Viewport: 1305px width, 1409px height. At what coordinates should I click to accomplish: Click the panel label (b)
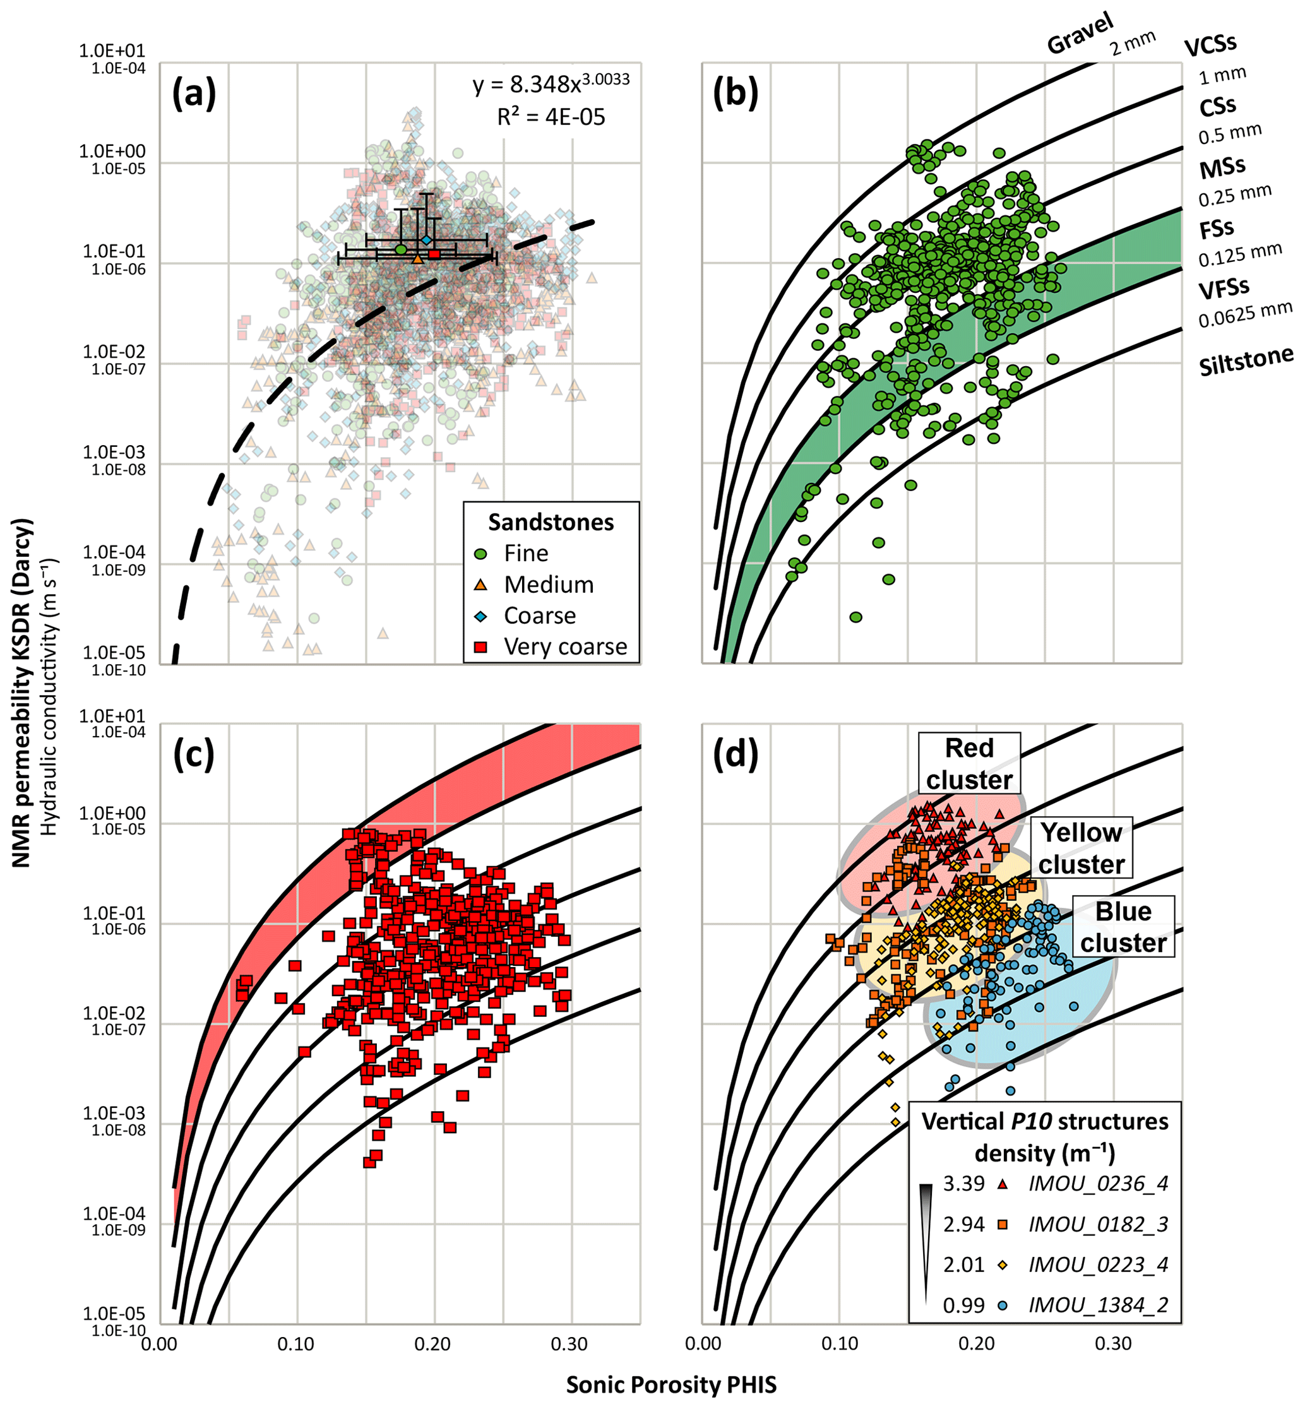(735, 94)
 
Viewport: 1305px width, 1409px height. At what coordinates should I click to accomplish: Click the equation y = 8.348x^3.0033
(551, 84)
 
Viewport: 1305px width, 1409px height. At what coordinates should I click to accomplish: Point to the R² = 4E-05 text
(551, 117)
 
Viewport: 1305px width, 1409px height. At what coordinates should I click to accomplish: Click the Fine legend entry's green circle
(481, 554)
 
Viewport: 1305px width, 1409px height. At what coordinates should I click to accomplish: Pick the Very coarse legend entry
(565, 646)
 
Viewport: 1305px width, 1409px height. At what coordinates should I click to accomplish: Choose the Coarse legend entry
(540, 615)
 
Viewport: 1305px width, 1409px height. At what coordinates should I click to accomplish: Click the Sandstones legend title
(551, 522)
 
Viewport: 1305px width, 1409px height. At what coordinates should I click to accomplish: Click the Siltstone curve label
(1246, 362)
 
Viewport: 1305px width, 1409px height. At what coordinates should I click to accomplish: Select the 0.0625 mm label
(1245, 314)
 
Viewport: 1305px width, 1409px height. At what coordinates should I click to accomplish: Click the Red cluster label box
(969, 764)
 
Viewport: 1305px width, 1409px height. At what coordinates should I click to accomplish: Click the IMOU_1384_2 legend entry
(1098, 1305)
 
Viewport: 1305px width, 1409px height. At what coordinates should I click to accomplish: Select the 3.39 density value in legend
(963, 1183)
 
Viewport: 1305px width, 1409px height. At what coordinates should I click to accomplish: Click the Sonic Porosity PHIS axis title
(671, 1384)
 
